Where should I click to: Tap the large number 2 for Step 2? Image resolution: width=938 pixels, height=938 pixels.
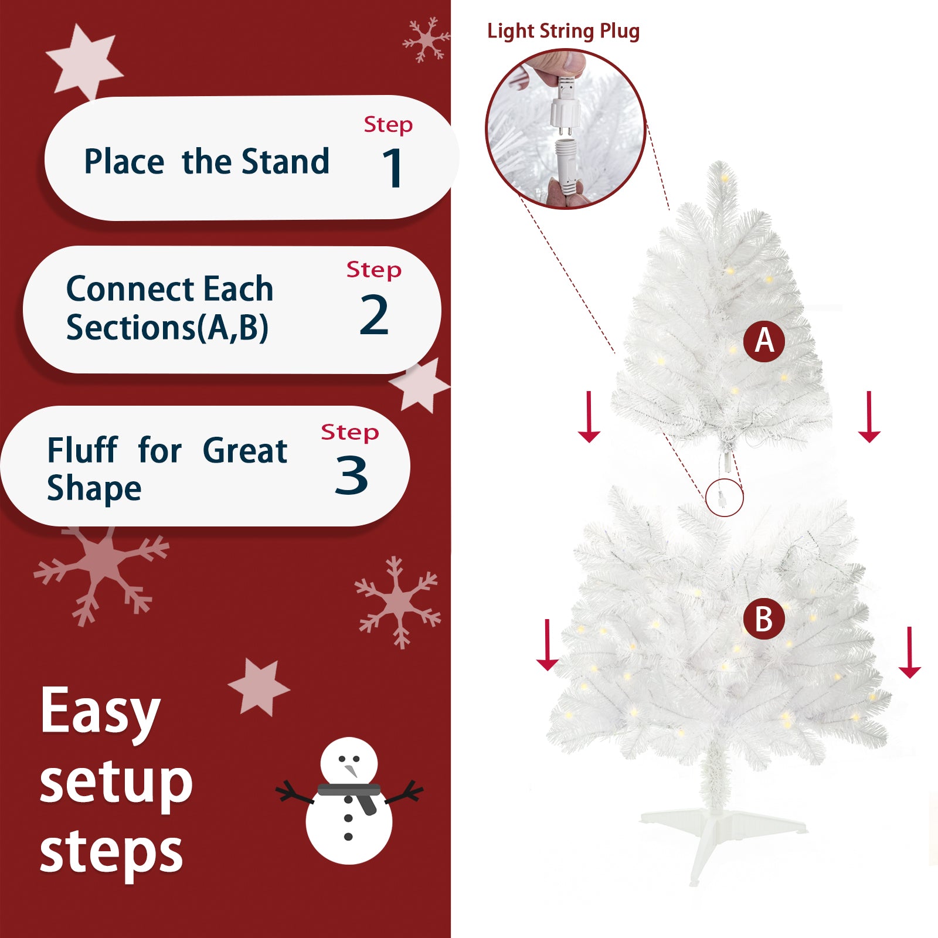click(374, 315)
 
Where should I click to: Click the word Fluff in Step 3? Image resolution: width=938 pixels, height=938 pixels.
click(83, 451)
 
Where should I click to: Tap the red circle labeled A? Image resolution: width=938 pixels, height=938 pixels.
click(764, 341)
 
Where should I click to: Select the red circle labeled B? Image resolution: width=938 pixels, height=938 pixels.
click(764, 619)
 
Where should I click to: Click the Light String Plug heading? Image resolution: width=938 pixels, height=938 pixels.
click(563, 31)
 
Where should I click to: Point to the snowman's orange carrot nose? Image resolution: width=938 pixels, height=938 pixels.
click(351, 769)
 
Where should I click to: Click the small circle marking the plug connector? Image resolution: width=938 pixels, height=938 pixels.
click(725, 498)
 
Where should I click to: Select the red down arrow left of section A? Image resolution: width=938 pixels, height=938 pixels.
click(589, 417)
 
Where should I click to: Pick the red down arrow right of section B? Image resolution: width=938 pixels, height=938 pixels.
click(909, 652)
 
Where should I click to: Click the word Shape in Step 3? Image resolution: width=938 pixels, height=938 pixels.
click(94, 489)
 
